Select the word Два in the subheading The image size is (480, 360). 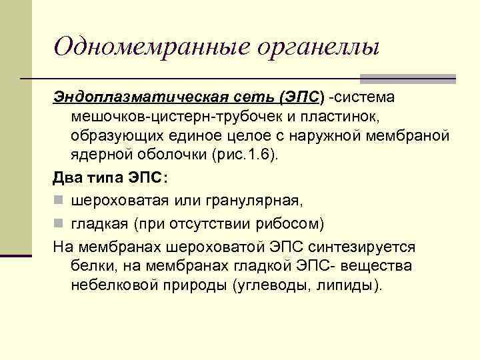(x=67, y=178)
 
